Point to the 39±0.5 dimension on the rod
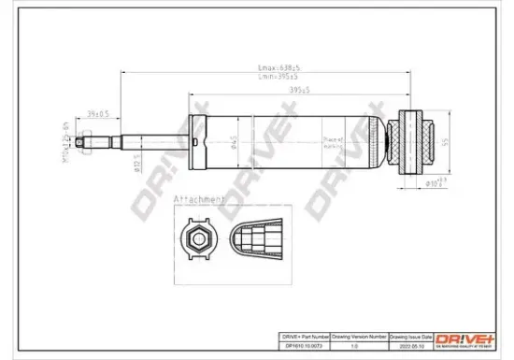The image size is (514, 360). [96, 114]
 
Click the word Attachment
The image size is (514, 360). [197, 200]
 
